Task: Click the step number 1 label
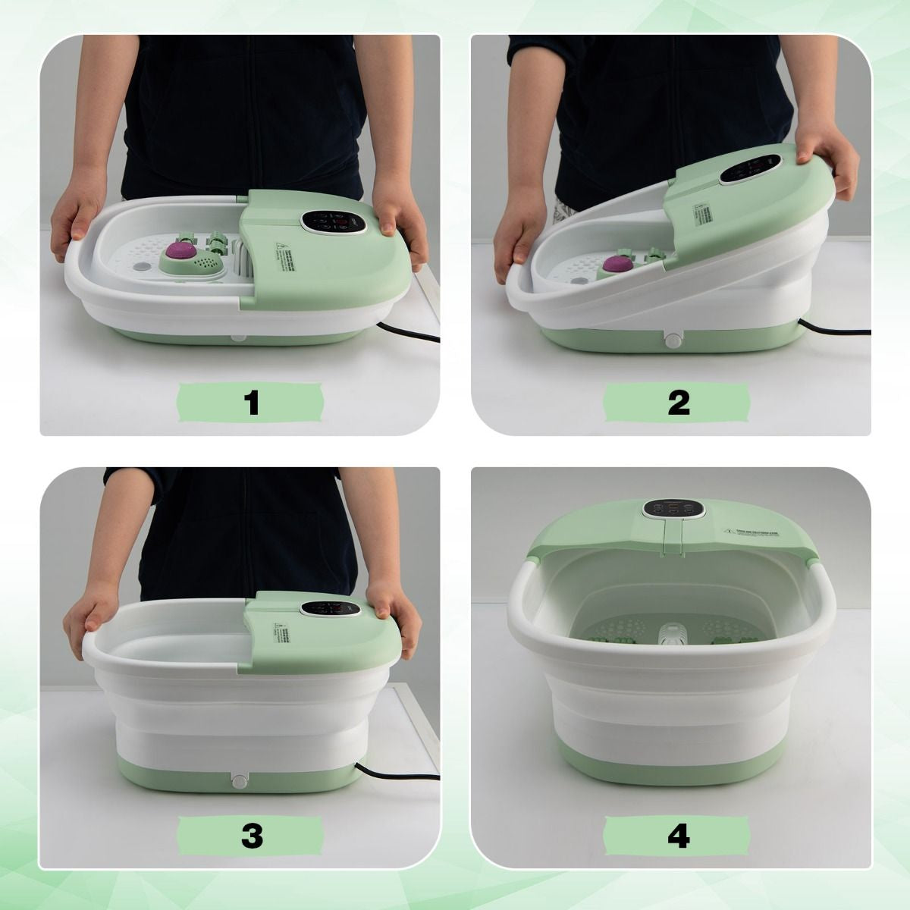[x=252, y=401]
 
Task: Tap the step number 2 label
[x=679, y=401]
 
